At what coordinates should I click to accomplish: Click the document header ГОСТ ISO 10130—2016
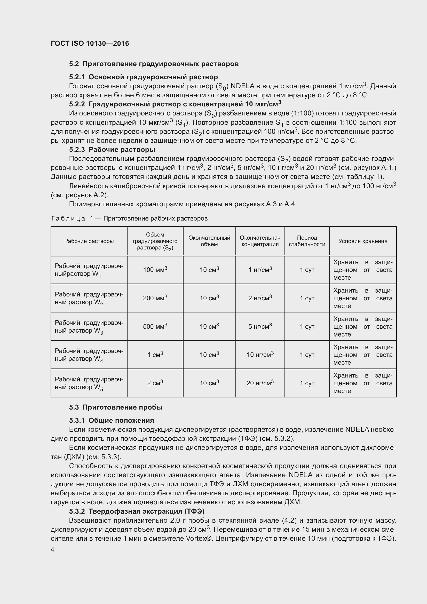click(90, 43)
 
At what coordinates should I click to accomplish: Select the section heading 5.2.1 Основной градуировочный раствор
click(143, 77)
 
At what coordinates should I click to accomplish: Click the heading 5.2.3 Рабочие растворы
click(112, 150)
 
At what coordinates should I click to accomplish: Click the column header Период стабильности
click(307, 241)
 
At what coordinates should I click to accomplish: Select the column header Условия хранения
click(362, 241)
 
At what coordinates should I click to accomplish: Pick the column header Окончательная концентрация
click(260, 241)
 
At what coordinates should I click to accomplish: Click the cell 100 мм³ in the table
click(155, 270)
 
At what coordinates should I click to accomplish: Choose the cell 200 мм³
click(155, 298)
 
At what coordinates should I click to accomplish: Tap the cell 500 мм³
click(155, 326)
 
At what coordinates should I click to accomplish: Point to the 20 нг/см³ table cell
click(260, 383)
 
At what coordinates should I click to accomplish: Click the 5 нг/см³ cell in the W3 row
click(260, 326)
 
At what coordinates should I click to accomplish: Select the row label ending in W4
click(89, 355)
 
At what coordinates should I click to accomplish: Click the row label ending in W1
click(89, 270)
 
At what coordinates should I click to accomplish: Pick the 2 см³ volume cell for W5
click(155, 383)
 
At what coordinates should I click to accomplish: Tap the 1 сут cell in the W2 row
click(307, 298)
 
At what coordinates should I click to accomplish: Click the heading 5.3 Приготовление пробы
click(116, 407)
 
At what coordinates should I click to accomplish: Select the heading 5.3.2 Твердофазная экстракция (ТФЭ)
click(137, 511)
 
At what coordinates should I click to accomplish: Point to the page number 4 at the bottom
click(53, 550)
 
